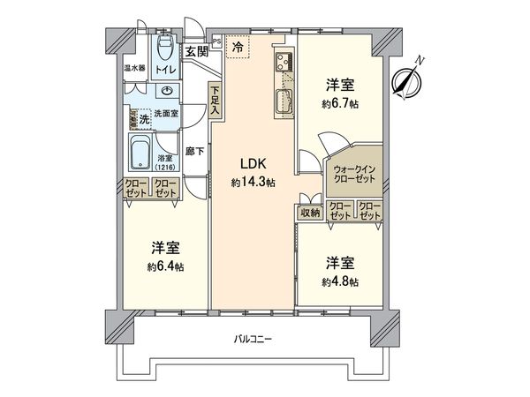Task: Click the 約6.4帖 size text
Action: [166, 266]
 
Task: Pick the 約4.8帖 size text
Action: [339, 282]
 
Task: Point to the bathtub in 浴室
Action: [140, 152]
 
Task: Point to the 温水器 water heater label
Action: [133, 68]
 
